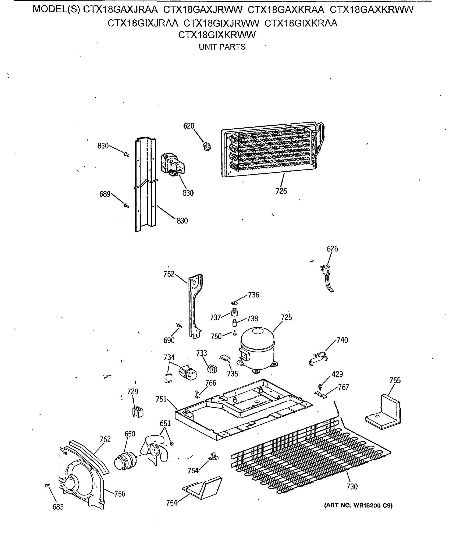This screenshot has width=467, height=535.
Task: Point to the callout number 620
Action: pos(189,126)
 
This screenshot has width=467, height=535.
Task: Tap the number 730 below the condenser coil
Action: pos(352,486)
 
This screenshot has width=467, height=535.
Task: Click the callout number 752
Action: pos(169,274)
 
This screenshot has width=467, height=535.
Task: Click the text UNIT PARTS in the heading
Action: pos(222,47)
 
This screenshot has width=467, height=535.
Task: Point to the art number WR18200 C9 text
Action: pos(358,506)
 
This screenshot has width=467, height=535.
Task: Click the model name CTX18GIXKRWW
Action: pos(217,35)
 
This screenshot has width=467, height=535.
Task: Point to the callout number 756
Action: pos(120,494)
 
